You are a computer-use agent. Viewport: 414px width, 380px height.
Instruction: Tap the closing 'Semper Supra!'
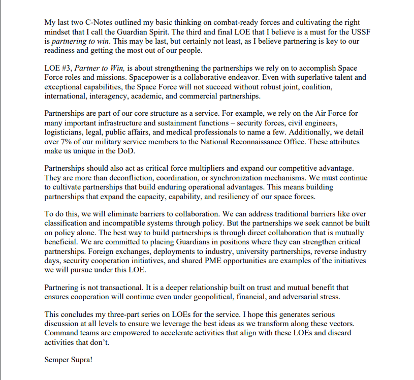[70, 361]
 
